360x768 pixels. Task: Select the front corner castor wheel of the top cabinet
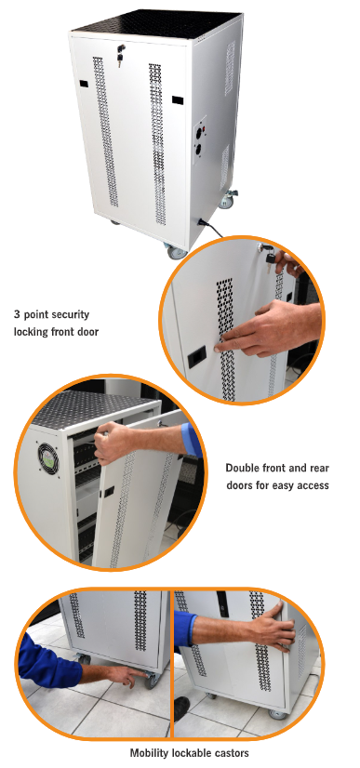177,252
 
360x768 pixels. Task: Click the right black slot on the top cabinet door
178,100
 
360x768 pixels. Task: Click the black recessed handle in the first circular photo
197,358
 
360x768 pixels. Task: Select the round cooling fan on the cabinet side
49,459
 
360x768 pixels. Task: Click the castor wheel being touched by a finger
152,680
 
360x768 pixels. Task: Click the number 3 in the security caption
17,314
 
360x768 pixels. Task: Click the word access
313,485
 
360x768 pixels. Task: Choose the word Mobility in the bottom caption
148,753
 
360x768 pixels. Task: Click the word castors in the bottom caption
233,753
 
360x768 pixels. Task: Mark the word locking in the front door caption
31,332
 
